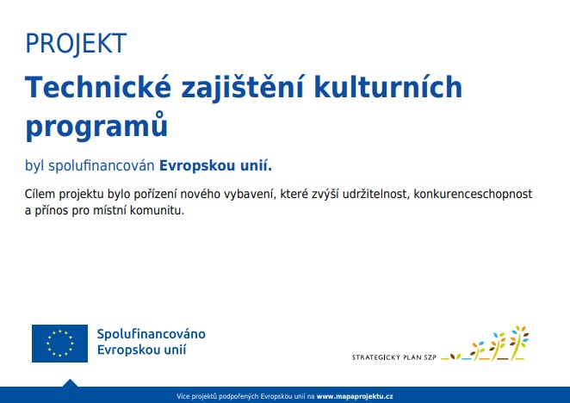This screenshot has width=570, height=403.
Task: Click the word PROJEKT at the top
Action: [76, 44]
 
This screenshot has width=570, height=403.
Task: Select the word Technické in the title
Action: [98, 87]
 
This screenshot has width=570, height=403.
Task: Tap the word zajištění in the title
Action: [242, 89]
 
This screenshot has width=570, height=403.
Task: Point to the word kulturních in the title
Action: [387, 87]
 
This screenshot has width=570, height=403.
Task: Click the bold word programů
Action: [96, 126]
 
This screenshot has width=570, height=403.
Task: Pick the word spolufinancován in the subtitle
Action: [102, 166]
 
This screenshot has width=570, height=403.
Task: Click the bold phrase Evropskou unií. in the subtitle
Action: [215, 166]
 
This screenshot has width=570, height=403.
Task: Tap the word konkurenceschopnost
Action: [473, 195]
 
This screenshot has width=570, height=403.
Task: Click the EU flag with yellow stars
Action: [59, 344]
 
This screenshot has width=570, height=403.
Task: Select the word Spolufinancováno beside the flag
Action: [152, 334]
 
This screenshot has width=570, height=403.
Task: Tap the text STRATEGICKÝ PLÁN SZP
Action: [394, 357]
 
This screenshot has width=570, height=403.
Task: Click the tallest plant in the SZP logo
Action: [519, 343]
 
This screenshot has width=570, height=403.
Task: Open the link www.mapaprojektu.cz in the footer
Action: [355, 396]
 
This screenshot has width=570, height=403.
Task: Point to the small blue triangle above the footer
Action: [70, 383]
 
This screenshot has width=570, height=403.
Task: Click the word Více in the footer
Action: [183, 396]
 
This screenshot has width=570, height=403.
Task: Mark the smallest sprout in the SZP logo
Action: [455, 356]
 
